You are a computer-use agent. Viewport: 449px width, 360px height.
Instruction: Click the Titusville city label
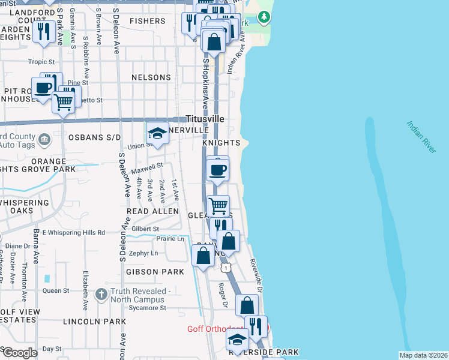pyautogui.click(x=205, y=119)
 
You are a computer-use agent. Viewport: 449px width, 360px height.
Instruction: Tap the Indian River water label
pyautogui.click(x=420, y=138)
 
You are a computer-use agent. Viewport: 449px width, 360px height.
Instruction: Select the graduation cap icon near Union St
pyautogui.click(x=157, y=133)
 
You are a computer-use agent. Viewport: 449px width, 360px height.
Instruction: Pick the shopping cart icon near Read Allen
pyautogui.click(x=218, y=206)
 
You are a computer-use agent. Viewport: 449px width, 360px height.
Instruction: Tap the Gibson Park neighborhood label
pyautogui.click(x=155, y=272)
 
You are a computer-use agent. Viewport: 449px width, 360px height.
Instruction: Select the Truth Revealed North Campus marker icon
pyautogui.click(x=103, y=292)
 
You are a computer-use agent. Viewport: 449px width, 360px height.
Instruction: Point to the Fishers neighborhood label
pyautogui.click(x=147, y=21)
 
